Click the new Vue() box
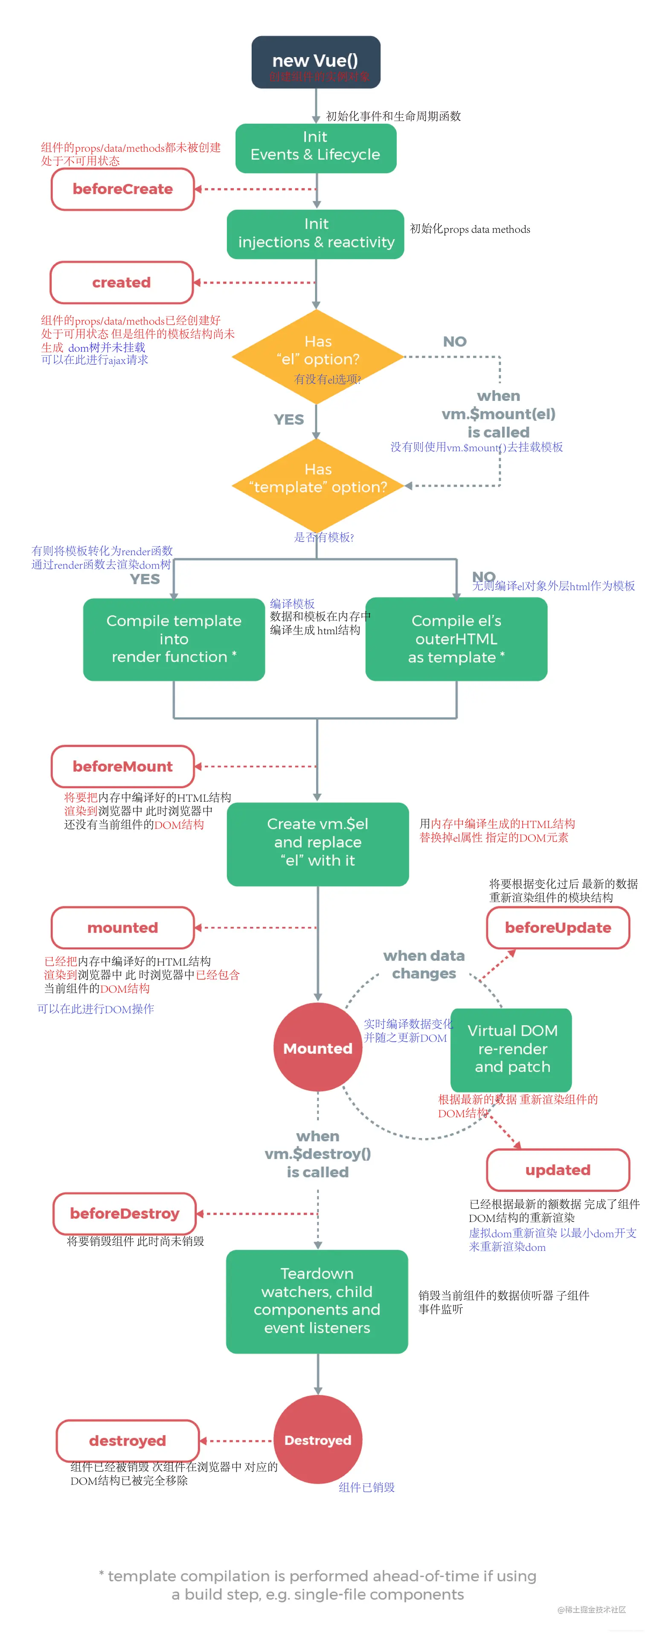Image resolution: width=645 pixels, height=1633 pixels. click(315, 61)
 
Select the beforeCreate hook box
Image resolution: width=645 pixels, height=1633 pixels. click(122, 189)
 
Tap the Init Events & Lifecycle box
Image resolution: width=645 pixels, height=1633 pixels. click(315, 148)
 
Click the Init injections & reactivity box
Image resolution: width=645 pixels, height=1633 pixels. click(315, 233)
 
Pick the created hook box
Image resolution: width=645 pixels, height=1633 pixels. click(121, 282)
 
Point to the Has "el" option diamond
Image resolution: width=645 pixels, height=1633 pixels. click(317, 356)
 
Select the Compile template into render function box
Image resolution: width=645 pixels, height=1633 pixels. click(174, 638)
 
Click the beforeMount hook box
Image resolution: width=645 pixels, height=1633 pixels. click(122, 766)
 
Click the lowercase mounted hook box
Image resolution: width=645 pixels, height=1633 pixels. click(122, 927)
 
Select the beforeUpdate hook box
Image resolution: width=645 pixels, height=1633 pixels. click(558, 927)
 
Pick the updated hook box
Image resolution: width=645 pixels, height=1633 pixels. click(558, 1169)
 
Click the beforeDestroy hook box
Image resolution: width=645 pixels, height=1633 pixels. click(124, 1213)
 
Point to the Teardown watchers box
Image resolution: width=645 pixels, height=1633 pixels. click(317, 1300)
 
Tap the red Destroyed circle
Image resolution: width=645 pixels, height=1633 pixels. click(317, 1440)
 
